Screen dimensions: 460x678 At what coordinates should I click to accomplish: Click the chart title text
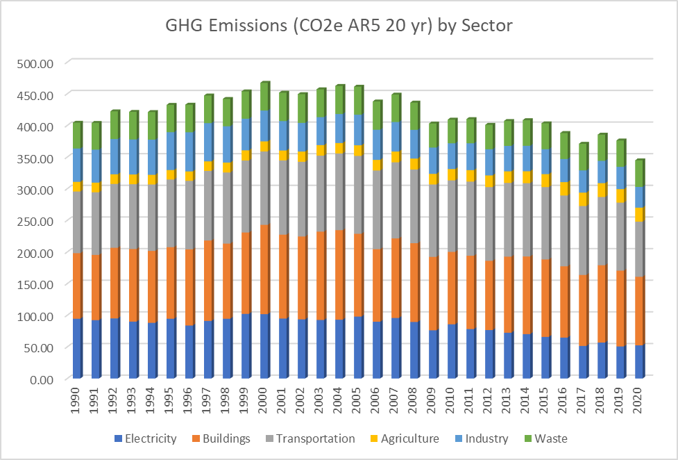pyautogui.click(x=339, y=26)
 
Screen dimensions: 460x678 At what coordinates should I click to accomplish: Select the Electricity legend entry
pyautogui.click(x=145, y=438)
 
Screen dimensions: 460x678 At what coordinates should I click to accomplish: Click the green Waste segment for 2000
pyautogui.click(x=264, y=98)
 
